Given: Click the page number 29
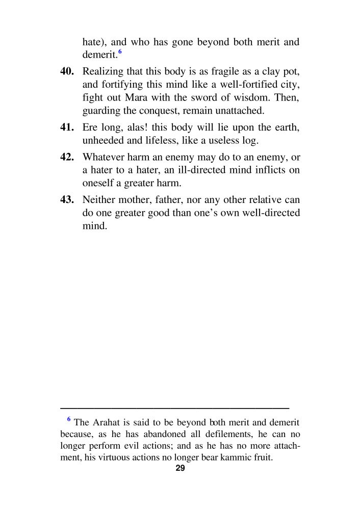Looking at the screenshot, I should point(180,469).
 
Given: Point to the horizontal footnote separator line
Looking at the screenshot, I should point(174,408).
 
